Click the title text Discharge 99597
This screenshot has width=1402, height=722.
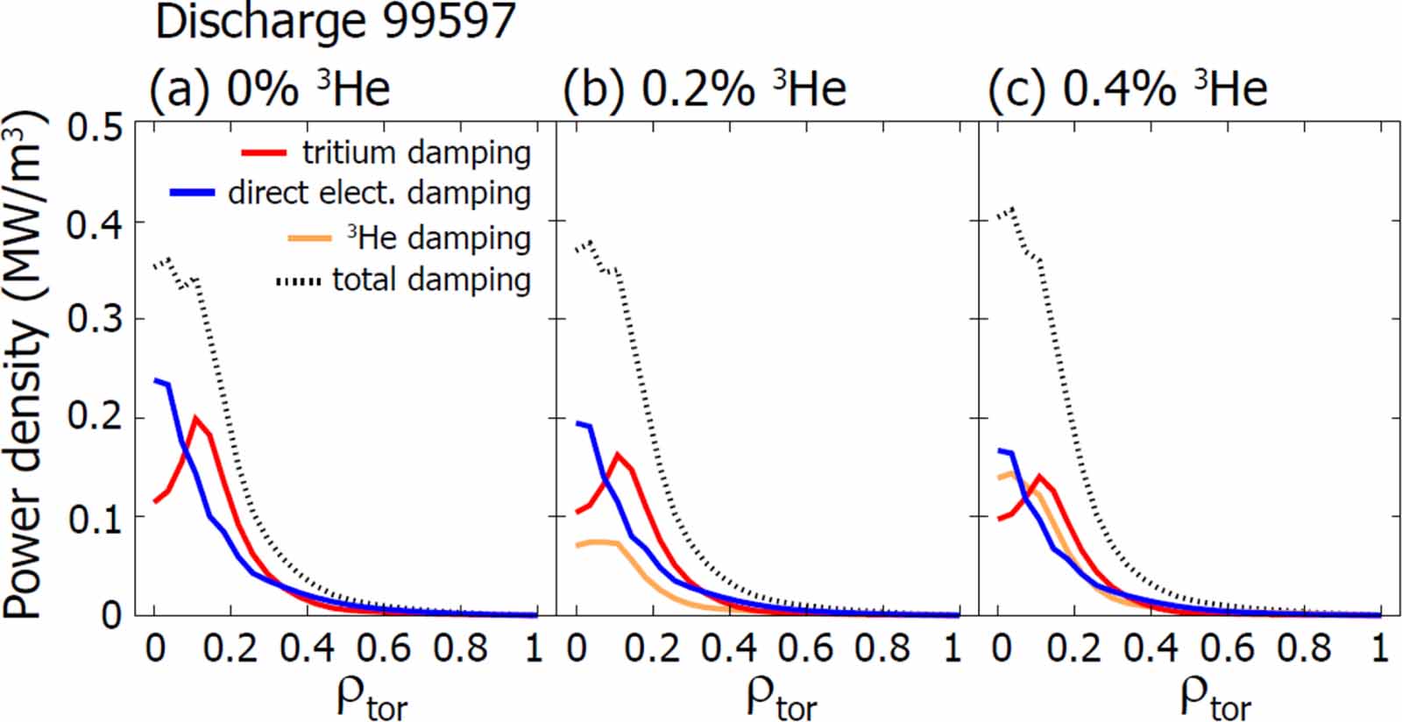[336, 22]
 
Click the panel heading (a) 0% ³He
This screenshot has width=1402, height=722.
[269, 88]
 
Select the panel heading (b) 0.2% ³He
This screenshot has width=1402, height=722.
[705, 88]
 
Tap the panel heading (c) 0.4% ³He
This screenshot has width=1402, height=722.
[1128, 88]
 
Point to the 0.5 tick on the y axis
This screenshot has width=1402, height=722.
[96, 129]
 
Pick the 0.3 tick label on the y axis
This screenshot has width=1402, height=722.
[96, 319]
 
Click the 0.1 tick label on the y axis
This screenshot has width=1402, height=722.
[96, 517]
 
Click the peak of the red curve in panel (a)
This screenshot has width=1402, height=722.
[195, 418]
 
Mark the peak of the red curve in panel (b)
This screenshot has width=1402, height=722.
[618, 454]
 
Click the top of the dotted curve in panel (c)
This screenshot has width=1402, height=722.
[1013, 209]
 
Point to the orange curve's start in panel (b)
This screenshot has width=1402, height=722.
[577, 546]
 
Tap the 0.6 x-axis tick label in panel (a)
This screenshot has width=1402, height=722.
[383, 649]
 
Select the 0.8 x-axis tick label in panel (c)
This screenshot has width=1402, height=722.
[1303, 649]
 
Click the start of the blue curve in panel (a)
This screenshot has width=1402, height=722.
[156, 381]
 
